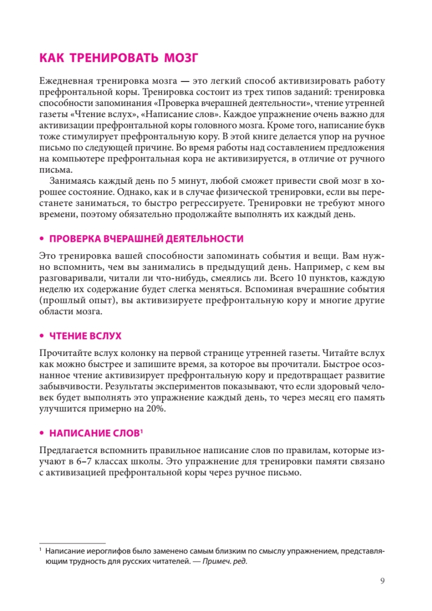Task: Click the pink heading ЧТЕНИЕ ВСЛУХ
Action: pos(85,337)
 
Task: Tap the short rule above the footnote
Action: pos(72,543)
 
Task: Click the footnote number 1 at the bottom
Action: pos(40,550)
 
